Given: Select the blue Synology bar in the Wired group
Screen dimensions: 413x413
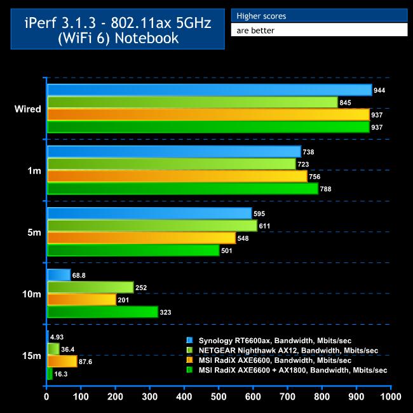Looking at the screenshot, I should [x=209, y=90].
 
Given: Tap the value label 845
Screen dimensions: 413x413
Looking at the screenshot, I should [x=346, y=102].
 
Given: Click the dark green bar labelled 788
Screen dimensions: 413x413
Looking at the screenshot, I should [x=182, y=189].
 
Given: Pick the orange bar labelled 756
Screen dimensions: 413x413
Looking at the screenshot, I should [x=177, y=176].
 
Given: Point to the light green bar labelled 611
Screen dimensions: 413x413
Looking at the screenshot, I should [x=152, y=226].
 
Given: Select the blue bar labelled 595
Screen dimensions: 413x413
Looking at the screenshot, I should [x=149, y=213].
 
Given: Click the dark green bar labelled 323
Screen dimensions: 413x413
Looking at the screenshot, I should [x=102, y=312].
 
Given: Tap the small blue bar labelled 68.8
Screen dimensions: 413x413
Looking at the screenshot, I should [x=58, y=275].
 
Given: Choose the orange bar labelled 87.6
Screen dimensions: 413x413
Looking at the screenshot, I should [x=62, y=361].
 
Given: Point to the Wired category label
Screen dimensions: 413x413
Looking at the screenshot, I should [x=28, y=109].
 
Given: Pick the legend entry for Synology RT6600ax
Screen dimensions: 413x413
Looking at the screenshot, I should [x=279, y=341].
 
